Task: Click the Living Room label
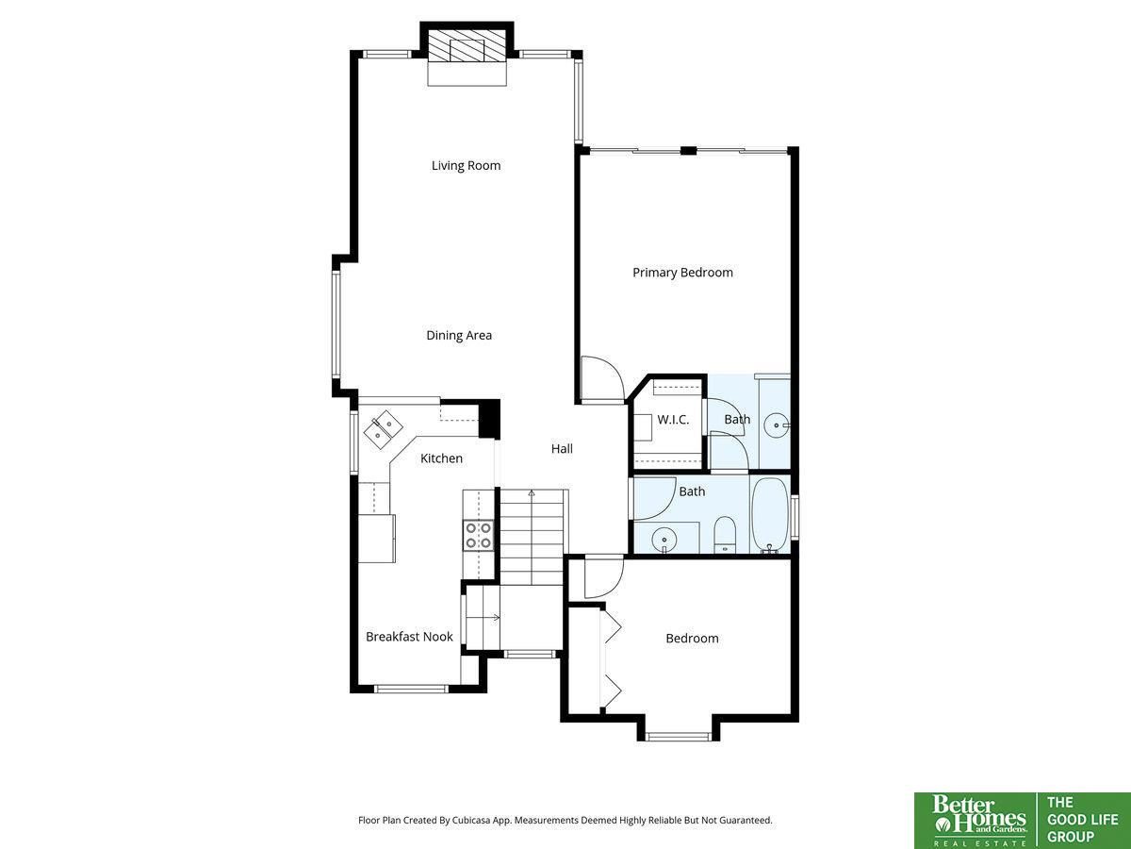(x=466, y=165)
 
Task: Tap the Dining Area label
(x=459, y=335)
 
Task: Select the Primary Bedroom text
(x=682, y=273)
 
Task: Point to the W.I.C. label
(x=673, y=419)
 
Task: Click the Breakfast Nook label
(x=409, y=637)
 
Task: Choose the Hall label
(x=562, y=448)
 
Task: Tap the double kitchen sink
(x=384, y=430)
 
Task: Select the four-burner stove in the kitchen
(x=479, y=536)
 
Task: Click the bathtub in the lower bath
(x=770, y=516)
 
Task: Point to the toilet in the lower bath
(x=725, y=535)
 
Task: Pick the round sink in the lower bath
(x=664, y=541)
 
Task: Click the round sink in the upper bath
(x=777, y=425)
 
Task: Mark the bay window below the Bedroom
(x=678, y=737)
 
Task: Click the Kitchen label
(x=441, y=458)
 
